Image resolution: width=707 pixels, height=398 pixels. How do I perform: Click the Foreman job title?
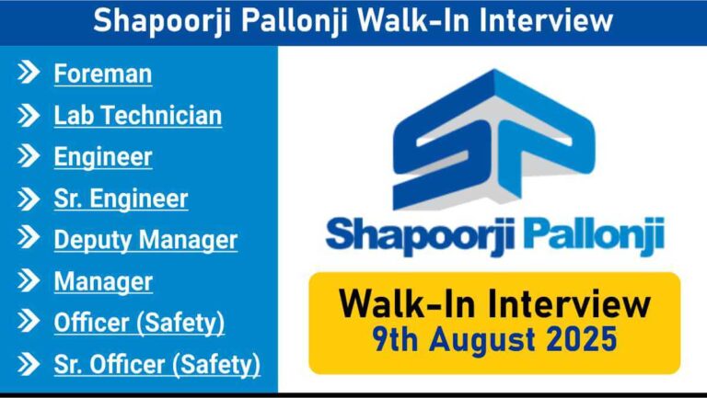pyautogui.click(x=103, y=74)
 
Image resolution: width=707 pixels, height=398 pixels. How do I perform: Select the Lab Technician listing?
pyautogui.click(x=138, y=115)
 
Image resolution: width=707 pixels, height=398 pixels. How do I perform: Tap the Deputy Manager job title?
pyautogui.click(x=145, y=240)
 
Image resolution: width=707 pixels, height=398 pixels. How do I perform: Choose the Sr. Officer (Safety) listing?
pyautogui.click(x=157, y=365)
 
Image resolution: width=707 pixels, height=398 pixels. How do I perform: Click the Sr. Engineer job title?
pyautogui.click(x=121, y=199)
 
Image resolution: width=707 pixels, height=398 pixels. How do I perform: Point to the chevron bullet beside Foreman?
pyautogui.click(x=29, y=73)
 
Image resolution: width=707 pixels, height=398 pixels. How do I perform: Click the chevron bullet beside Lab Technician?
pyautogui.click(x=29, y=115)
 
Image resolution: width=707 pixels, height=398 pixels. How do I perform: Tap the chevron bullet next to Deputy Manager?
pyautogui.click(x=29, y=239)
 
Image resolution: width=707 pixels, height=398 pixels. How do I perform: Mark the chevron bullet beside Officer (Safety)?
pyautogui.click(x=29, y=322)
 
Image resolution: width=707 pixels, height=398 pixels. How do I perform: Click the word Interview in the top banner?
pyautogui.click(x=547, y=21)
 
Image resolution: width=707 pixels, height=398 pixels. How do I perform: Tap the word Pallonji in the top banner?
pyautogui.click(x=295, y=22)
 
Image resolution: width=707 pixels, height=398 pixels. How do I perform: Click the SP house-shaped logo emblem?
pyautogui.click(x=494, y=140)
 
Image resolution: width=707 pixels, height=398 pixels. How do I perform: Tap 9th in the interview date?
pyautogui.click(x=396, y=340)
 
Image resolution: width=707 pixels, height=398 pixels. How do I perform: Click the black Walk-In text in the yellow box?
pyautogui.click(x=407, y=304)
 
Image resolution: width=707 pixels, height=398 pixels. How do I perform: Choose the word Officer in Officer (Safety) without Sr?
pyautogui.click(x=91, y=323)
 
